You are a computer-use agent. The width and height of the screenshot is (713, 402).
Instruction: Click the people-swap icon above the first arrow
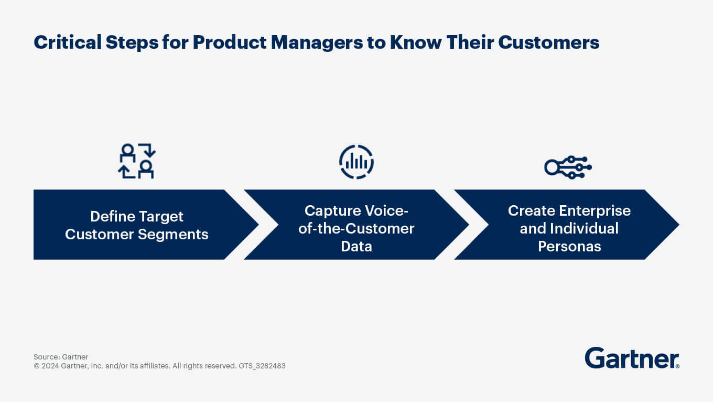click(x=137, y=161)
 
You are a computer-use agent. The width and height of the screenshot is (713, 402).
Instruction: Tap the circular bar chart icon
click(x=356, y=162)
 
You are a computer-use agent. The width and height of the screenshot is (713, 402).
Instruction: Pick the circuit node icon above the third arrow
click(x=568, y=167)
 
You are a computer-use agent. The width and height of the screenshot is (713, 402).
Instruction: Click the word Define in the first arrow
click(x=113, y=216)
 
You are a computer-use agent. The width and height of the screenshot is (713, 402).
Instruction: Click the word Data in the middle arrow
click(x=356, y=247)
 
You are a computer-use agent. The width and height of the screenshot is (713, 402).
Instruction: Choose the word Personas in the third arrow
click(x=569, y=247)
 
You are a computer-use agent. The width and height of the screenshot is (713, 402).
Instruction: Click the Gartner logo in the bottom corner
click(x=632, y=358)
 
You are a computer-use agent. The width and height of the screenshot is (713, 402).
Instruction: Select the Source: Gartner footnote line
click(x=61, y=357)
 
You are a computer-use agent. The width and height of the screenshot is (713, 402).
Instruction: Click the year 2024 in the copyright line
click(x=50, y=366)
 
